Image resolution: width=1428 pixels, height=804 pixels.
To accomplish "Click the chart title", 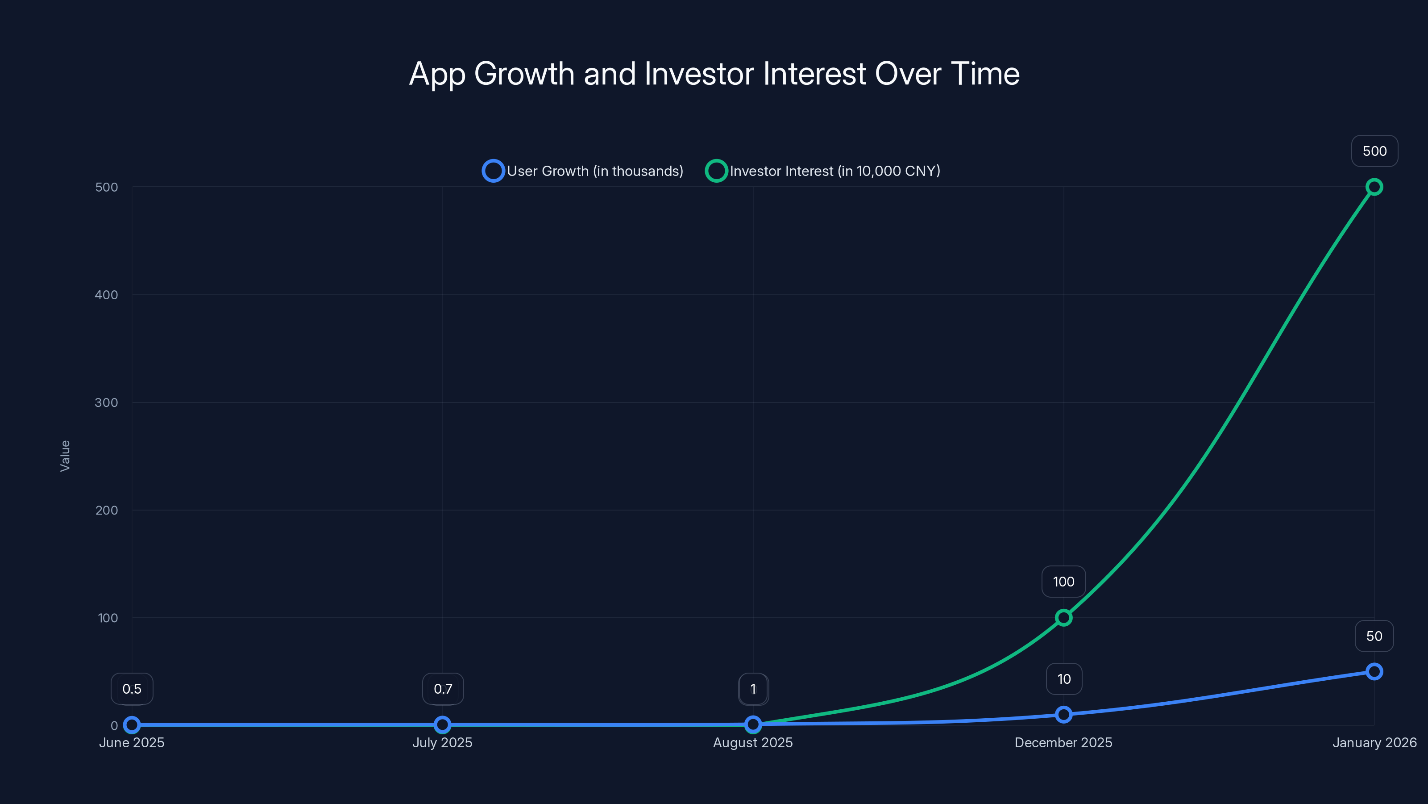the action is click(x=714, y=74).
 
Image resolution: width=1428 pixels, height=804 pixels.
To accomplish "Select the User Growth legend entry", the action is click(x=583, y=171).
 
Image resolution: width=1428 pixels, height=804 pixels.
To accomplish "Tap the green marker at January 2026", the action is click(x=1374, y=187).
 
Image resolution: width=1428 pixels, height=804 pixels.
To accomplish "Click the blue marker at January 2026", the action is click(x=1374, y=671).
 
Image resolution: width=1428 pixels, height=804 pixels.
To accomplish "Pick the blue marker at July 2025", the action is click(x=442, y=724).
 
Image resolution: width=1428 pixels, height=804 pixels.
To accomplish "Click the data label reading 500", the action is click(x=1374, y=151).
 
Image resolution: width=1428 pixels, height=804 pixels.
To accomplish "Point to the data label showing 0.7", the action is click(x=443, y=689).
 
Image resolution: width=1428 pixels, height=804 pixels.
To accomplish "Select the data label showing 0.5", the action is click(x=132, y=689).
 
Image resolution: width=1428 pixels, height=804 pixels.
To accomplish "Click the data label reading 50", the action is click(x=1374, y=636).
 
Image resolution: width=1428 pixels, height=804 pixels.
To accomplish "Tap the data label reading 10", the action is click(x=1064, y=678).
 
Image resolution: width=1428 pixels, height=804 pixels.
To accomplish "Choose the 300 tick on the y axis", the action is click(x=107, y=402).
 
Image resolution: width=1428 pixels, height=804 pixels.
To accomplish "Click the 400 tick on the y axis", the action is click(x=107, y=295).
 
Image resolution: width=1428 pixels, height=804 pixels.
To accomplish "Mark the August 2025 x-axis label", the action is click(x=753, y=742).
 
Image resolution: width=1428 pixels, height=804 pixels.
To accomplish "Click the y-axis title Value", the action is click(x=65, y=456).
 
